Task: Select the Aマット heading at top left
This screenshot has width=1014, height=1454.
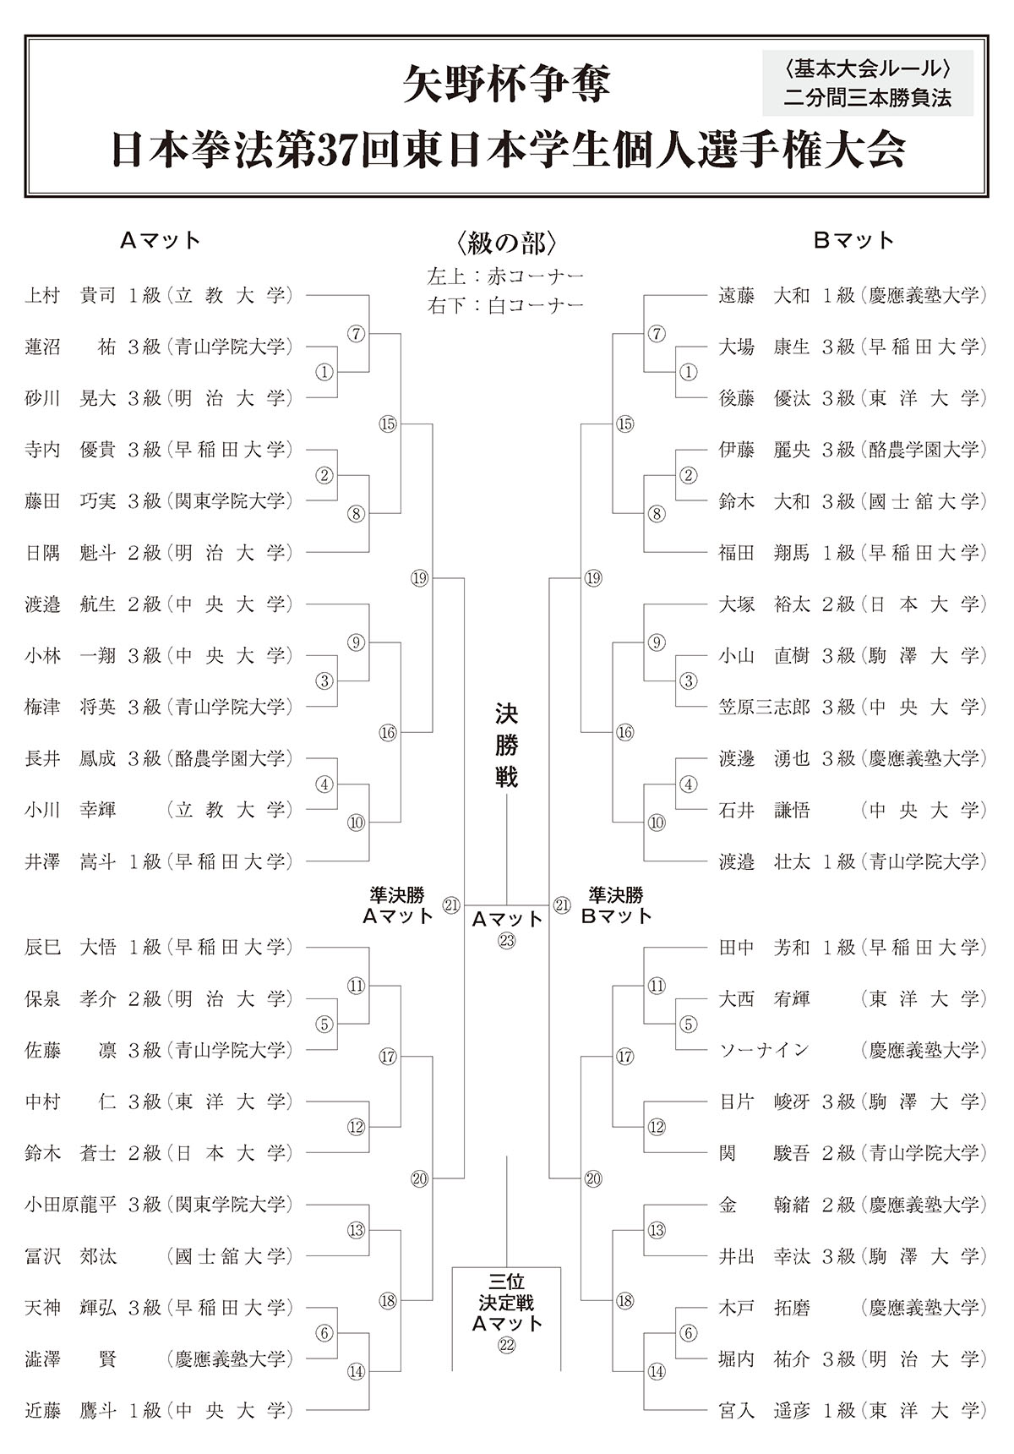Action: tap(161, 241)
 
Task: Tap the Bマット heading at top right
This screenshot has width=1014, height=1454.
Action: tap(853, 241)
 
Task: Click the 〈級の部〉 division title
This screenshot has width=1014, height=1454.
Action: tap(506, 243)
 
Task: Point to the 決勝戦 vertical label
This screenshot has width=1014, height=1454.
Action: tap(506, 746)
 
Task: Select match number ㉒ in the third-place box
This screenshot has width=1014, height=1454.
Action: tap(506, 1346)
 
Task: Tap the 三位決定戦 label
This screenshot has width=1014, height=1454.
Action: tap(506, 1302)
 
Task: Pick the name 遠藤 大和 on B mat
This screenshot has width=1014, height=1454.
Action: tap(764, 295)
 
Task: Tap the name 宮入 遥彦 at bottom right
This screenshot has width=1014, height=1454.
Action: tap(764, 1410)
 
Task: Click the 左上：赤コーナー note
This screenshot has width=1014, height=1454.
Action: tap(506, 276)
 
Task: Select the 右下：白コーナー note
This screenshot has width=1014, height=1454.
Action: tap(506, 305)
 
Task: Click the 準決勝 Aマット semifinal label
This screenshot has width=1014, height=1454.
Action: tap(397, 905)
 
